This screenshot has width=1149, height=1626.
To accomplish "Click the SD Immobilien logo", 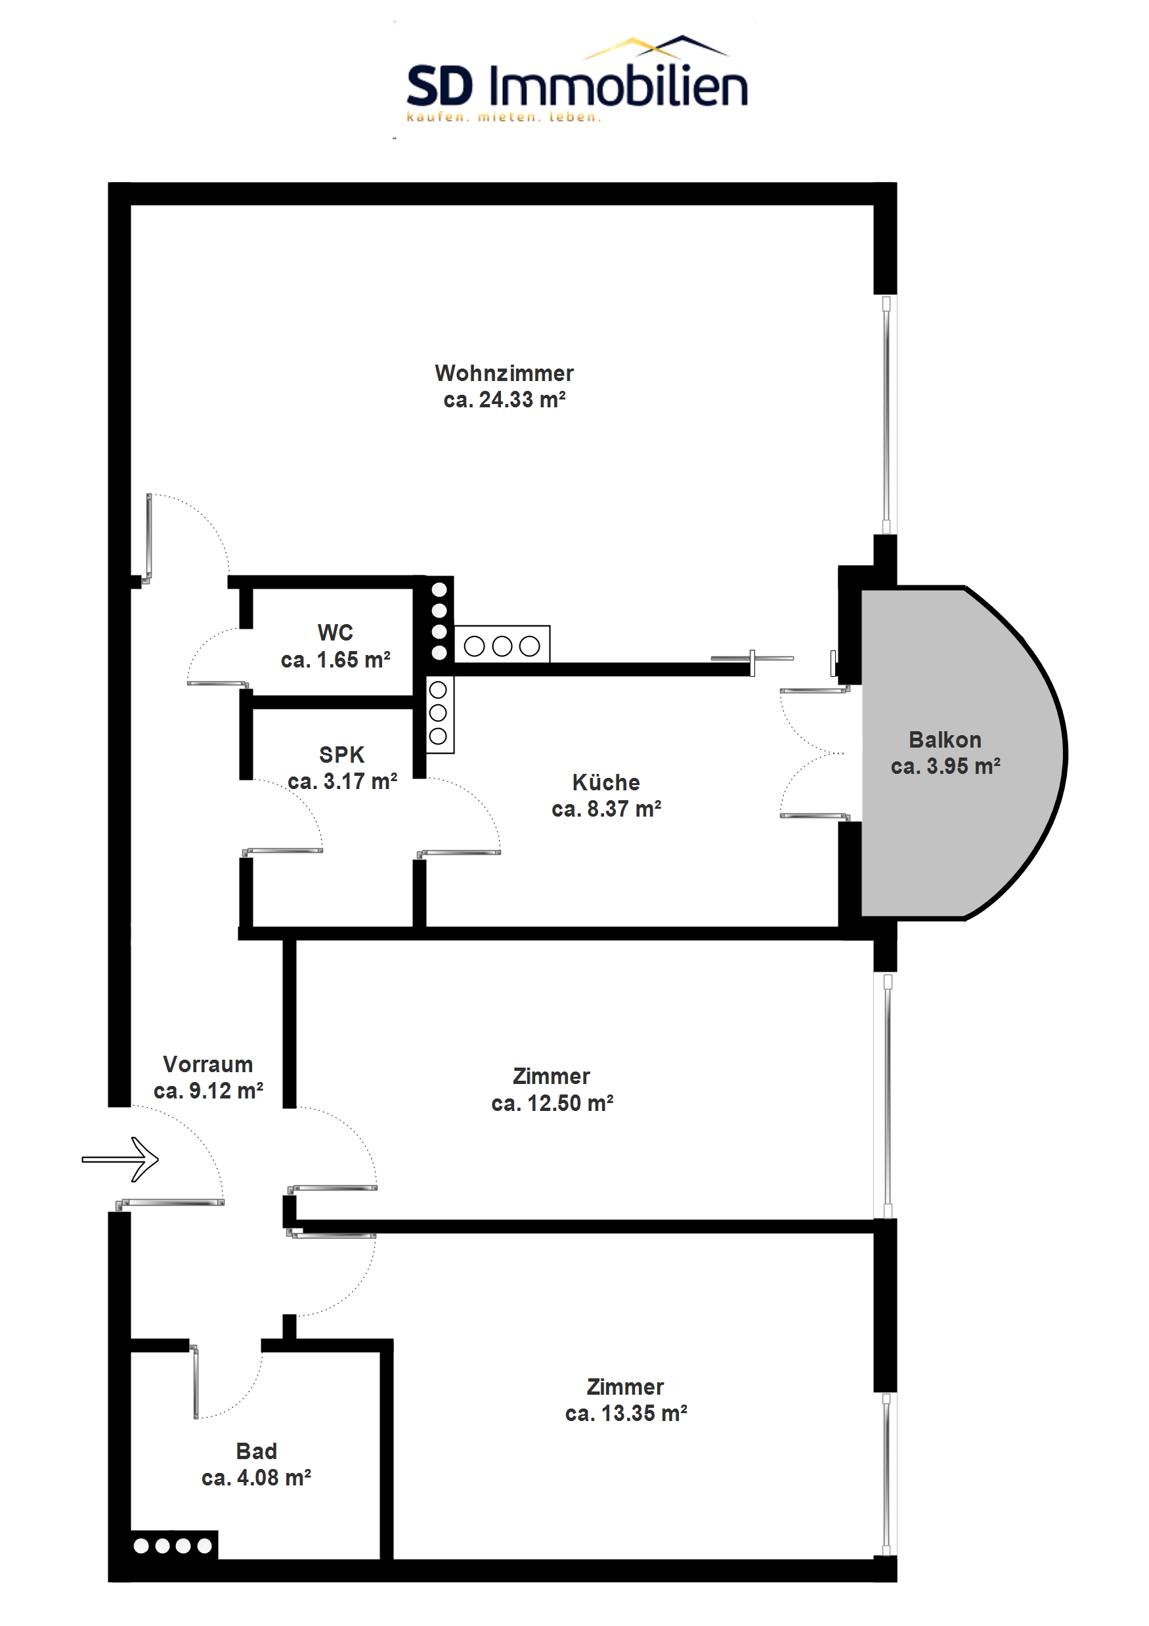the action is click(x=577, y=79).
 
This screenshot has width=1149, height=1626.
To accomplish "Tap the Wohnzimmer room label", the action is click(x=504, y=373).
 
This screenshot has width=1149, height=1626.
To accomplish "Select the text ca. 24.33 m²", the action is click(x=504, y=400).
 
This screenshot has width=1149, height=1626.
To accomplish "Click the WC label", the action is click(x=336, y=633).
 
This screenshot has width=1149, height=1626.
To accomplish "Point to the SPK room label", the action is click(x=342, y=755).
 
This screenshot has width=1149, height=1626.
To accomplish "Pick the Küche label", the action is click(x=606, y=782).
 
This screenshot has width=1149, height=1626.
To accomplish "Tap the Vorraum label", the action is click(x=208, y=1064).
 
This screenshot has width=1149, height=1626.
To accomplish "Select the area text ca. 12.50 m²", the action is click(x=552, y=1103).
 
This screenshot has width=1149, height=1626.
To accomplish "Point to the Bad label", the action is click(x=256, y=1452).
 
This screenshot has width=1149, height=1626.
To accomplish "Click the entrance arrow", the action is click(x=120, y=1160).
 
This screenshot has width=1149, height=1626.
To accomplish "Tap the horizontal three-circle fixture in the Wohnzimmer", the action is click(x=502, y=645).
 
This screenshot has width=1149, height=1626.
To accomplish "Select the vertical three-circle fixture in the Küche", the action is click(x=439, y=713).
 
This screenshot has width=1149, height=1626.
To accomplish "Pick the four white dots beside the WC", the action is click(x=439, y=620).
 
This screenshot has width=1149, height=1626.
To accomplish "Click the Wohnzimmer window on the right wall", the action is click(x=886, y=415).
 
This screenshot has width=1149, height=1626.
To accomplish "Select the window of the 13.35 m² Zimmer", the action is click(x=886, y=1474).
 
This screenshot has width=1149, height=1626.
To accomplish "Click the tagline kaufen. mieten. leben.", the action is click(x=504, y=118).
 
